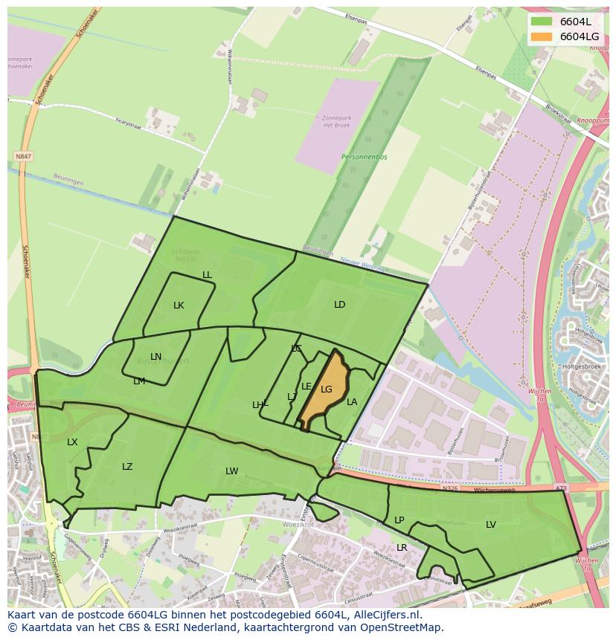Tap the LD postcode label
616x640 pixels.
[340, 305]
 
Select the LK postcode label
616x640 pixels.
[179, 306]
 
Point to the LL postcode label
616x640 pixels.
[207, 275]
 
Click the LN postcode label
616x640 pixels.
[155, 357]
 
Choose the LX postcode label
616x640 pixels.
[72, 442]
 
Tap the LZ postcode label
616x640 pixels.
[127, 467]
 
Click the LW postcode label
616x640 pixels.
[232, 471]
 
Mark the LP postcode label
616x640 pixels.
[399, 520]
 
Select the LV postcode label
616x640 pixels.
[491, 525]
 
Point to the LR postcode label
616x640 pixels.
[402, 548]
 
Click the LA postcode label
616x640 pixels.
[352, 402]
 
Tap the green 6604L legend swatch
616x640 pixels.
[541, 21]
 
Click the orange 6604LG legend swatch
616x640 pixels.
[541, 36]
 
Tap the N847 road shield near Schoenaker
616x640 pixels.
[23, 157]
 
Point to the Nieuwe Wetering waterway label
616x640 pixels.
[363, 263]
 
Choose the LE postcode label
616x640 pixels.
[306, 387]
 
